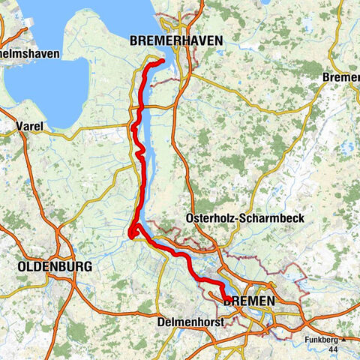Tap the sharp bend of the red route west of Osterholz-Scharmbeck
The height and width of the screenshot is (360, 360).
click(x=133, y=234)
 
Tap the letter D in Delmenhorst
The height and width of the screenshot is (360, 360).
click(x=162, y=322)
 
